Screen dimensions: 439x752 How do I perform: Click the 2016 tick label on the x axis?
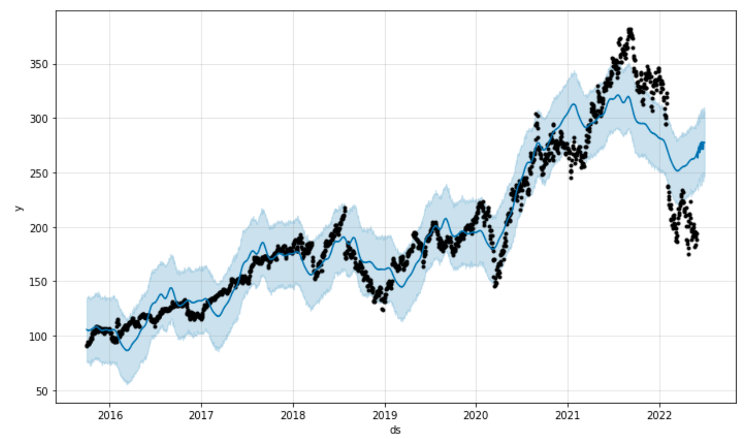tap(109, 415)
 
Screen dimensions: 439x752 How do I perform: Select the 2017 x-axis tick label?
tap(201, 415)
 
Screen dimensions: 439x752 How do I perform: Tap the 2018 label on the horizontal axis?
tap(293, 415)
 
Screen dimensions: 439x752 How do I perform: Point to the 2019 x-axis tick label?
tap(385, 415)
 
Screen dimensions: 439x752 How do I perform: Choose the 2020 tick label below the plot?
tap(476, 415)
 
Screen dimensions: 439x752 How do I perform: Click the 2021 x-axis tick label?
tap(568, 415)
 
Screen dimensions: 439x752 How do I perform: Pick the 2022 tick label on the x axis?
tap(659, 415)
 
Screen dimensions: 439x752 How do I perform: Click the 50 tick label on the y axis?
tap(42, 391)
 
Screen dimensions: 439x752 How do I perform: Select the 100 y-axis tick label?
tap(40, 336)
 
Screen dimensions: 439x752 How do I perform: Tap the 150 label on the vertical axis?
tap(40, 281)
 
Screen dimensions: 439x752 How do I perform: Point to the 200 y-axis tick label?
tap(40, 227)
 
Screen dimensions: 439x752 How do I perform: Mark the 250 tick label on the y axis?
tap(40, 173)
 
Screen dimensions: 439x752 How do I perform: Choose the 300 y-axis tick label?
tap(40, 119)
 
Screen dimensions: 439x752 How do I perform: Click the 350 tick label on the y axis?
tap(40, 64)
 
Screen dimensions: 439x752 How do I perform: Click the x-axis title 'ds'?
tap(396, 430)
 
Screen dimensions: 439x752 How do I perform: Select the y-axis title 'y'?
tap(18, 207)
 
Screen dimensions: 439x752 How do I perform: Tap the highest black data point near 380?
tap(630, 30)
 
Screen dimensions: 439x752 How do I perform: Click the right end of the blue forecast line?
tap(704, 143)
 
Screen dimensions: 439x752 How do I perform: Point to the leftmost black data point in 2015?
tap(87, 346)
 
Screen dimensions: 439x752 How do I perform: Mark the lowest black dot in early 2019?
tap(383, 309)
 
